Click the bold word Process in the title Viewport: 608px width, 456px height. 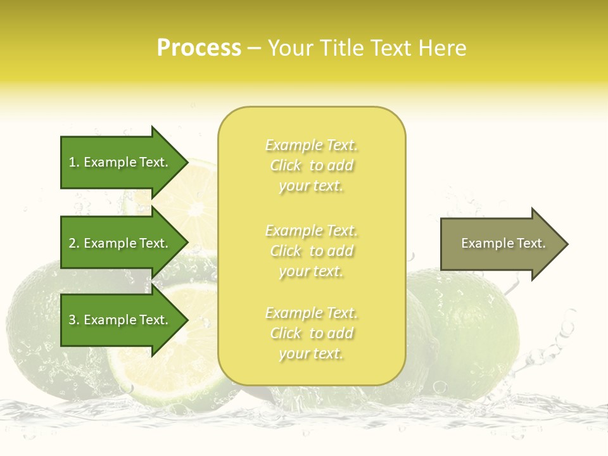click(199, 48)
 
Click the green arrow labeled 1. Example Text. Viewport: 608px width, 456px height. click(120, 162)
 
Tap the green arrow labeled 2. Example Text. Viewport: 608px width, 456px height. click(120, 243)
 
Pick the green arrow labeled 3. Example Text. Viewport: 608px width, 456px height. click(120, 320)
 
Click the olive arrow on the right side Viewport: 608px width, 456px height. click(500, 244)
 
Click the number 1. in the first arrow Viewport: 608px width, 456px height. click(74, 162)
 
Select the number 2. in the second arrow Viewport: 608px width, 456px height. click(74, 243)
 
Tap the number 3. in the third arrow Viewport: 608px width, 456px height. click(74, 320)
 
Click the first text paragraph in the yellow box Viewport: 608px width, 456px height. click(312, 165)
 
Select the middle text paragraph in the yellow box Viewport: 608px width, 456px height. click(312, 251)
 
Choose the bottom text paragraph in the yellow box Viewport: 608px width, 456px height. click(312, 333)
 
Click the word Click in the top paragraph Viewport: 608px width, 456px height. click(286, 165)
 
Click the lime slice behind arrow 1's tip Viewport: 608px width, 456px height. click(196, 190)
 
